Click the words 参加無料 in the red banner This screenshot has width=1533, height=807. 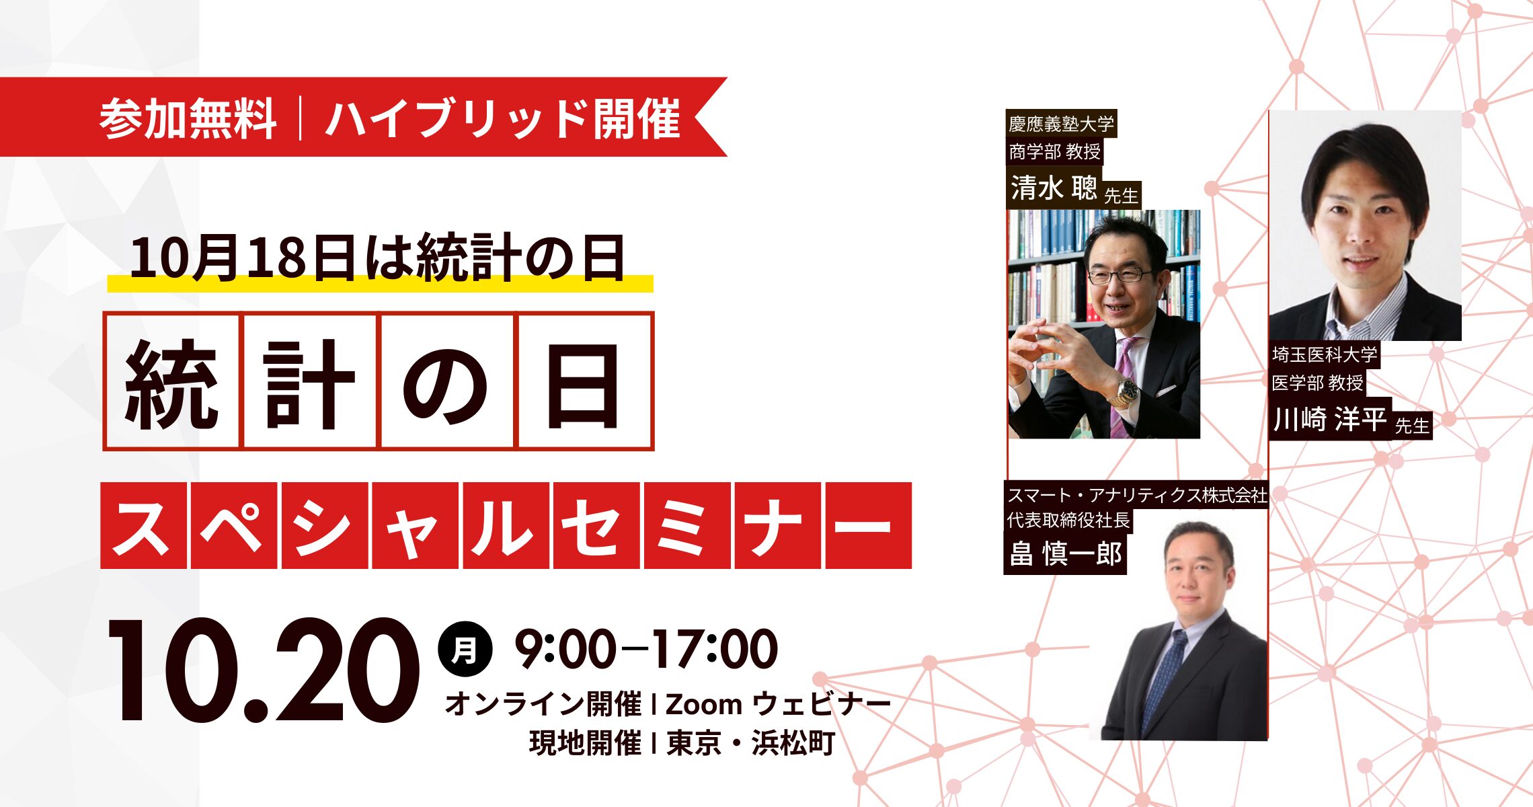pyautogui.click(x=188, y=119)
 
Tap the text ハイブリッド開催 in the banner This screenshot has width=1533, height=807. pyautogui.click(x=503, y=119)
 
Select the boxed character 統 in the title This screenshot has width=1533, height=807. pyautogui.click(x=171, y=381)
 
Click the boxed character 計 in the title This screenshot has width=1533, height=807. pyautogui.click(x=309, y=381)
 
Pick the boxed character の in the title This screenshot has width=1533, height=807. pyautogui.click(x=446, y=381)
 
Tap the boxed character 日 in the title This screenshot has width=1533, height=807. pyautogui.click(x=584, y=381)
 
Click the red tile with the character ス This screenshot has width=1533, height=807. pyautogui.click(x=143, y=525)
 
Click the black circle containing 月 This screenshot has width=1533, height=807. pyautogui.click(x=465, y=650)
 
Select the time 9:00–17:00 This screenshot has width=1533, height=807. pyautogui.click(x=646, y=649)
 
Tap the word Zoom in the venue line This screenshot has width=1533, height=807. pyautogui.click(x=704, y=704)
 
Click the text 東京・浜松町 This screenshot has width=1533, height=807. pyautogui.click(x=751, y=742)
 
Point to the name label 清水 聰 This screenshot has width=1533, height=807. pyautogui.click(x=1054, y=187)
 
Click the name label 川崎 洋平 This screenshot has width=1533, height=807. pyautogui.click(x=1330, y=419)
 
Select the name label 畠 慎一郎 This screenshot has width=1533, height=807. pyautogui.click(x=1066, y=554)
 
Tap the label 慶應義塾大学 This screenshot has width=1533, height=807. pyautogui.click(x=1061, y=124)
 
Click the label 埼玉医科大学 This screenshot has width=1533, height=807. pyautogui.click(x=1325, y=354)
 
